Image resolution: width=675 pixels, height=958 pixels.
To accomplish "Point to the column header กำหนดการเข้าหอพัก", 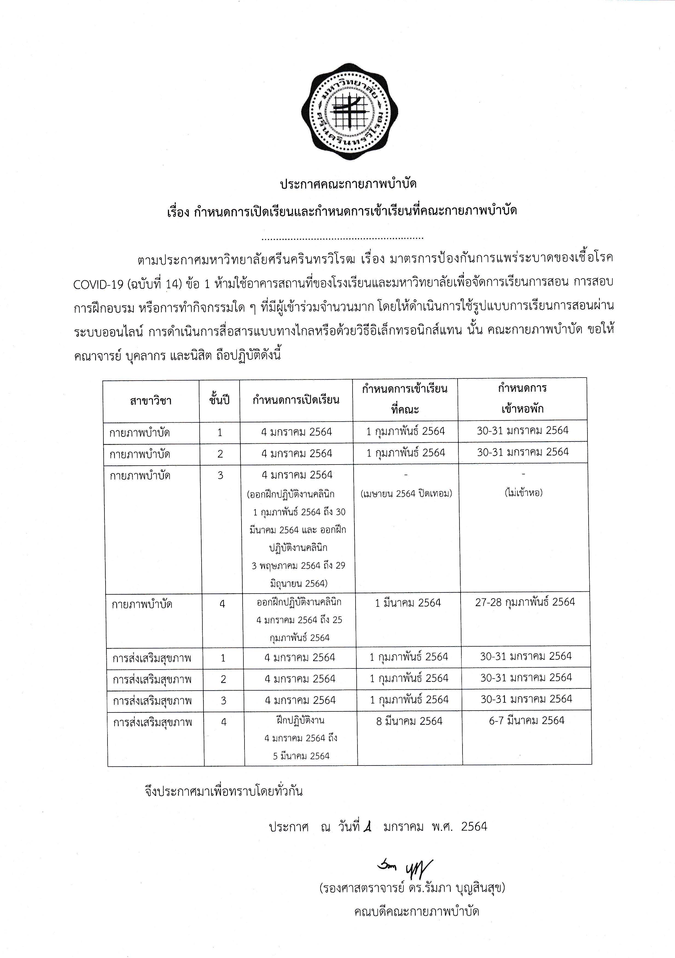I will click(x=522, y=398).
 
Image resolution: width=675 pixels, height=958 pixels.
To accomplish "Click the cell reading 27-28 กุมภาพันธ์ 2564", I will click(x=525, y=602).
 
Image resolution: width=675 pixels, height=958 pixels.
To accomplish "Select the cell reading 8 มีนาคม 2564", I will click(x=409, y=721).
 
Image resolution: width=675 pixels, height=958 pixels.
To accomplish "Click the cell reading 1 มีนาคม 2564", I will click(x=408, y=603).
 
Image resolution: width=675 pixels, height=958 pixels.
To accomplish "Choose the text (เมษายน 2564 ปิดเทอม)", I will click(x=406, y=493).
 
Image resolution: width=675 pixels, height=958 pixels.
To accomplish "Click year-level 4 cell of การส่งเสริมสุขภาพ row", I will click(x=224, y=722).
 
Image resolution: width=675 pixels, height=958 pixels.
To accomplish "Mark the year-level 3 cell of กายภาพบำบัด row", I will click(x=220, y=475).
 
